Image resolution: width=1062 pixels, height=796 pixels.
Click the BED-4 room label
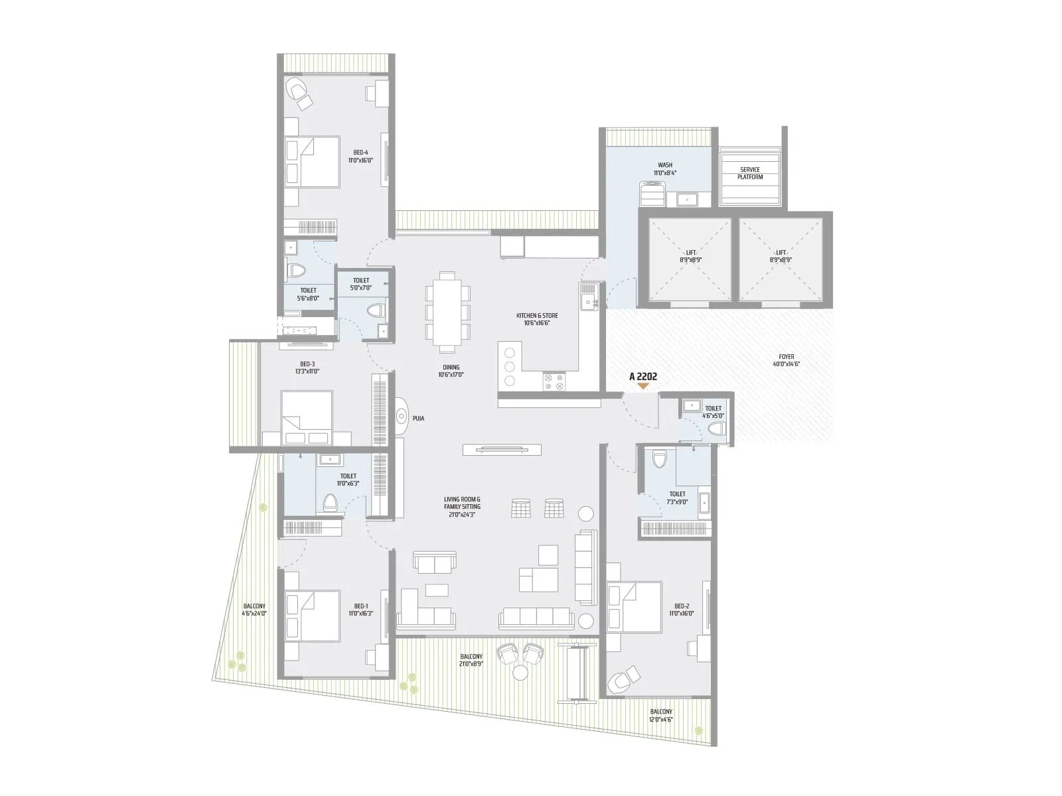tap(360, 156)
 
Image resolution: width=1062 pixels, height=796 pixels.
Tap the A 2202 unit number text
tap(643, 377)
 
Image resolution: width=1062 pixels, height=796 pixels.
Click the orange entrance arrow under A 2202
tap(643, 386)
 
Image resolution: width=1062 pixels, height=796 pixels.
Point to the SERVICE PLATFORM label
tap(750, 173)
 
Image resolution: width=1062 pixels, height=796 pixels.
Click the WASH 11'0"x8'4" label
tap(664, 169)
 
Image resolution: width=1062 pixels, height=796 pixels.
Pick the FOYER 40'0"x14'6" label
tap(786, 360)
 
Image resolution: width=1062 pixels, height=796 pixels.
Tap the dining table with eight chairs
tap(447, 311)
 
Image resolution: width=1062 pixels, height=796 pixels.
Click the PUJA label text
tap(418, 419)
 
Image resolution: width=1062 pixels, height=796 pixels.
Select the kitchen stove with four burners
tap(554, 381)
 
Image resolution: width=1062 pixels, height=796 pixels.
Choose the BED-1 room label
tap(360, 610)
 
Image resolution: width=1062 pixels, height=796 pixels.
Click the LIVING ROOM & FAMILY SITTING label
tap(462, 507)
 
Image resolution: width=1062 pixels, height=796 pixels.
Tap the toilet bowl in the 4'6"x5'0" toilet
tap(716, 429)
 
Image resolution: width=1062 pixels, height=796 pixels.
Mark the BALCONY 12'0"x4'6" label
tap(661, 715)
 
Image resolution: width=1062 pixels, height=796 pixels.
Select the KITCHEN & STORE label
tap(537, 319)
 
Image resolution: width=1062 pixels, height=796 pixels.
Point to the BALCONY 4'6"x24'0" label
tap(254, 610)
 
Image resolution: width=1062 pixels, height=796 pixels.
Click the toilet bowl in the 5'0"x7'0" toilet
tap(376, 310)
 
